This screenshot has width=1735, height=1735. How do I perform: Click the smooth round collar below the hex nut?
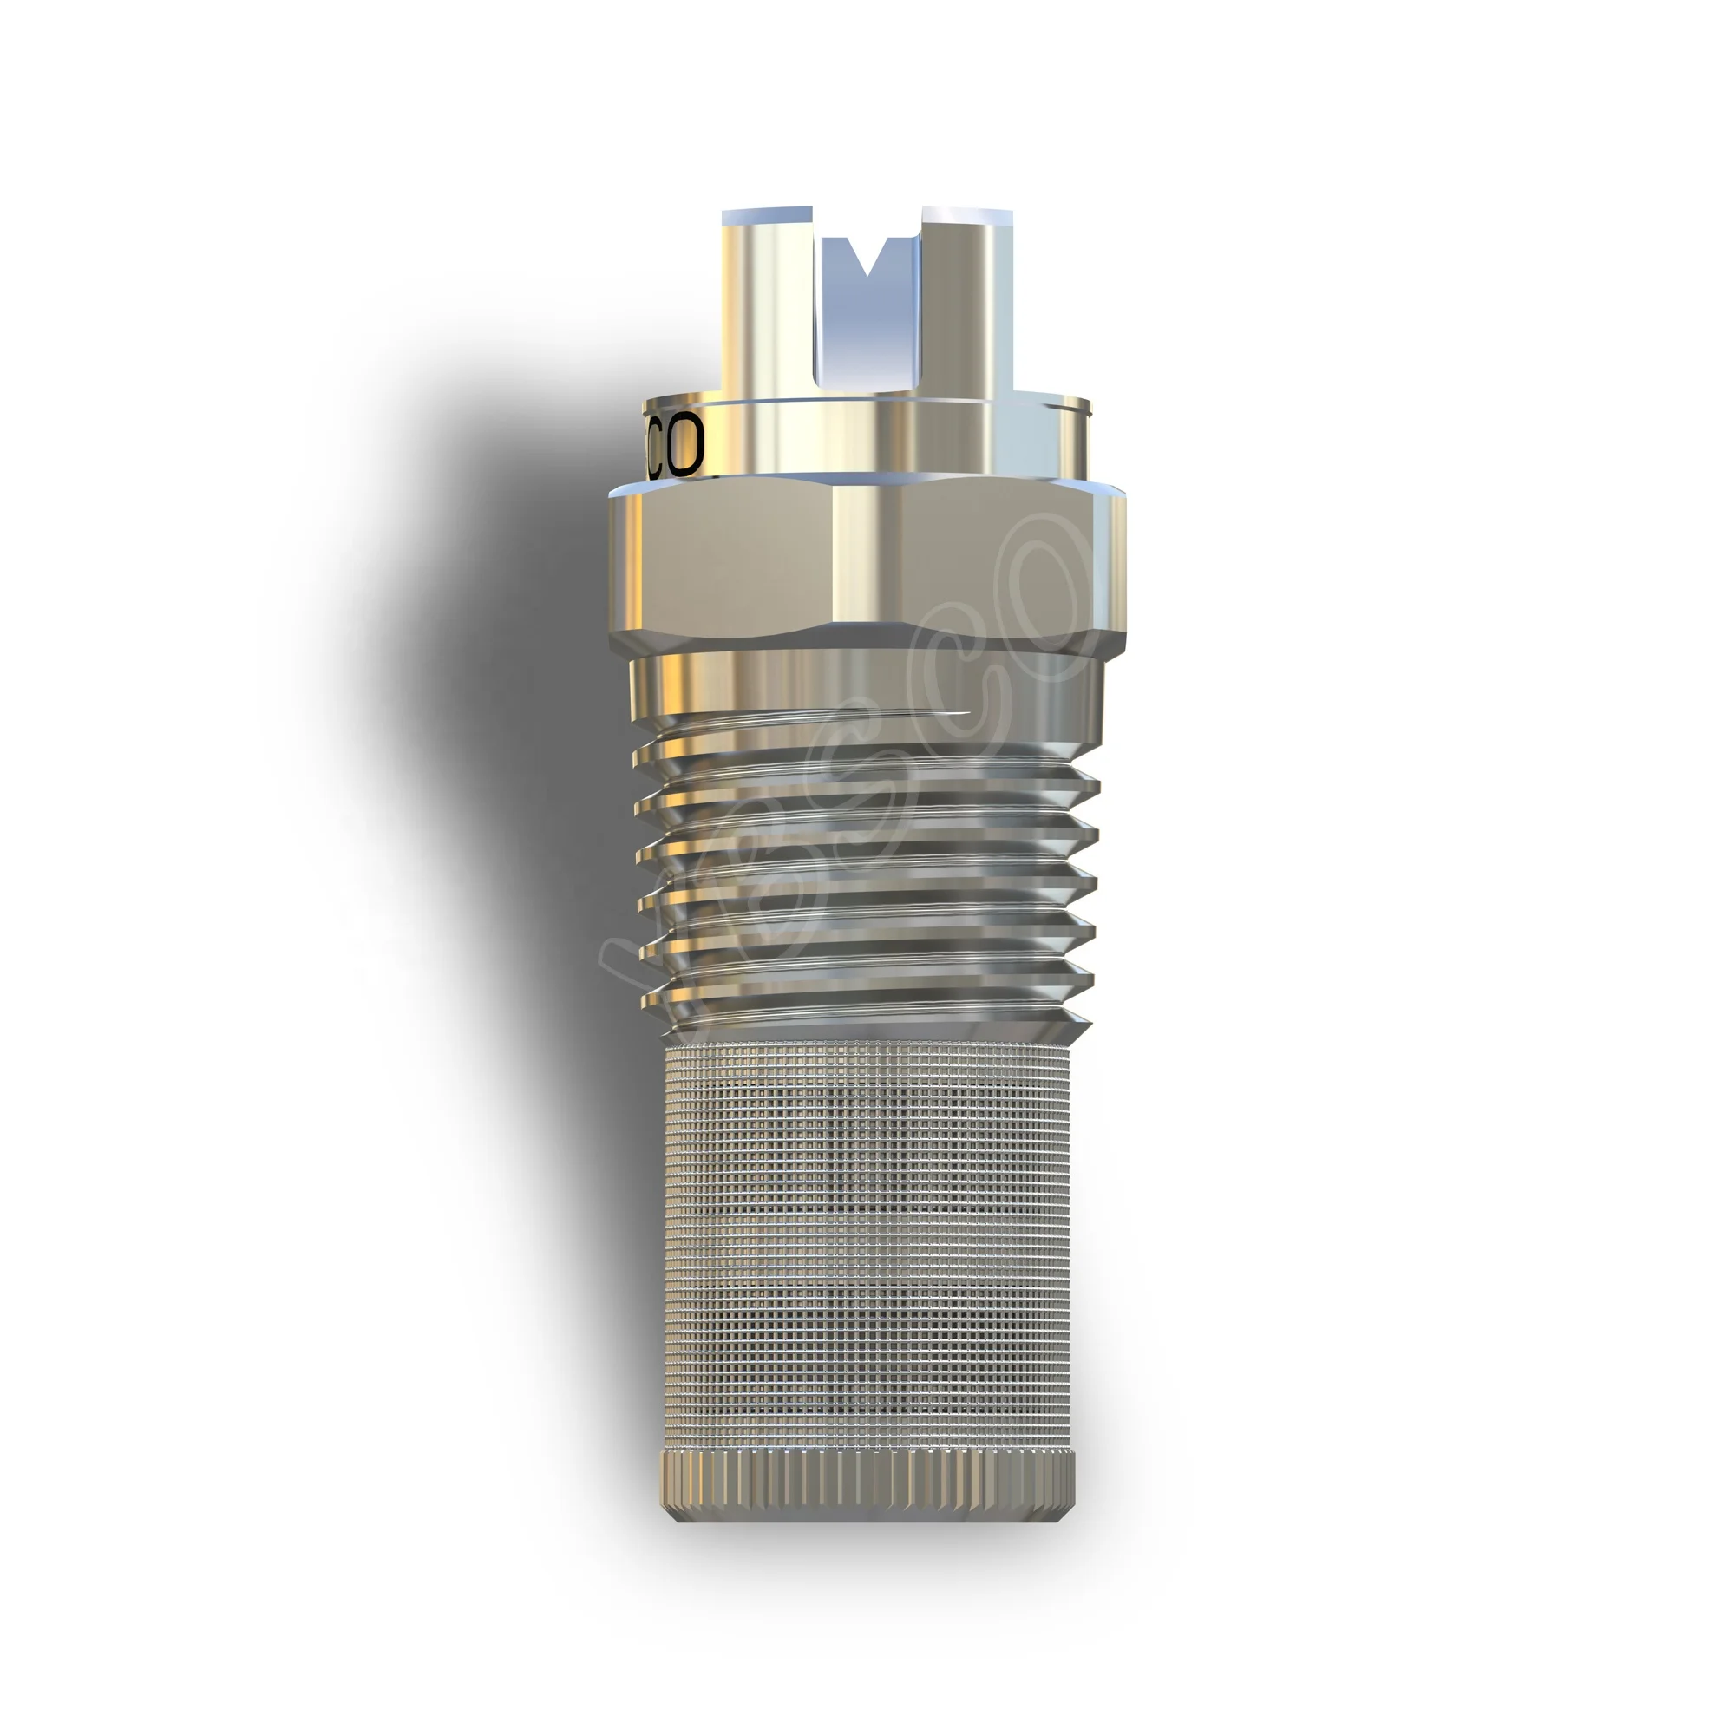(x=862, y=687)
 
